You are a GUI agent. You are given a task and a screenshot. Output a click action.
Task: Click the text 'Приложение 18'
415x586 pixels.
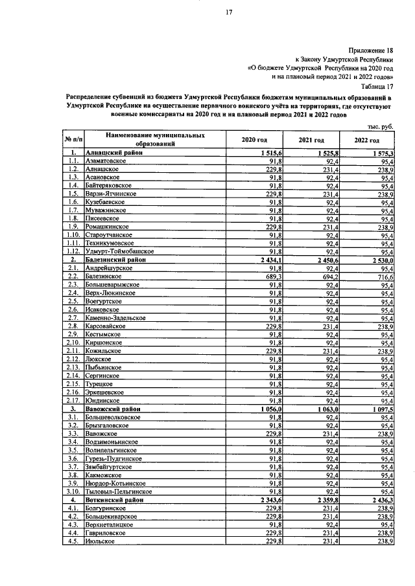pos(372,49)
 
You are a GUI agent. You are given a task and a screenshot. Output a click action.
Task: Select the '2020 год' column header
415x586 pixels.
pos(254,140)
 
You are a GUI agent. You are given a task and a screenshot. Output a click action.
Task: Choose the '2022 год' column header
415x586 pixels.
pos(367,140)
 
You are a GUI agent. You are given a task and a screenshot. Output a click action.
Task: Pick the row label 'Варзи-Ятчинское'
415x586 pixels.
pos(111,194)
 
